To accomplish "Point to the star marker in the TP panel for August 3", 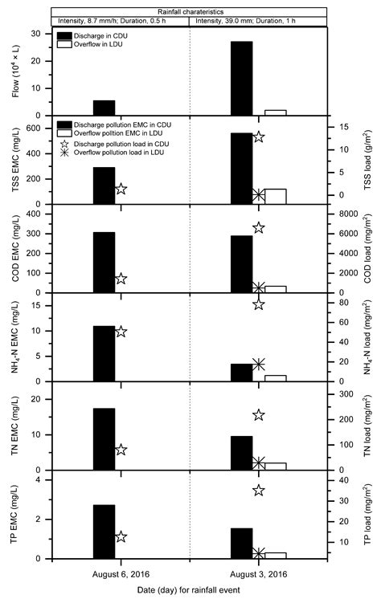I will click(259, 491).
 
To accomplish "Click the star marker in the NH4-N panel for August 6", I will click(121, 332).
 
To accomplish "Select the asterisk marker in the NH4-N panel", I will click(259, 365).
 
